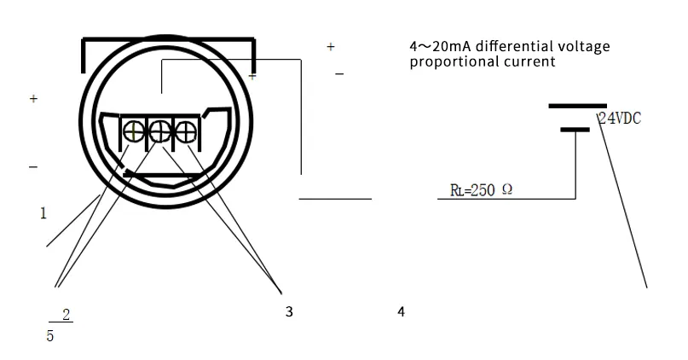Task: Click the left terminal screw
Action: tap(135, 131)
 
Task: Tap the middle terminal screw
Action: tap(159, 131)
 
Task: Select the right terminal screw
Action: tap(184, 131)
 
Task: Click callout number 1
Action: tap(43, 213)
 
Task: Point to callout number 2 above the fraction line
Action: tap(66, 316)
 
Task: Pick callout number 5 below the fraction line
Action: tap(50, 336)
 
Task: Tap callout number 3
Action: tap(289, 312)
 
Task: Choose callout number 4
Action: tap(401, 312)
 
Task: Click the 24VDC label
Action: tap(620, 119)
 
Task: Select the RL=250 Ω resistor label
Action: tap(481, 189)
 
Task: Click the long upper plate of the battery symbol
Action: tap(577, 106)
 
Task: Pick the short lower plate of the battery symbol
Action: tap(575, 130)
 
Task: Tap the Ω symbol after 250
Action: tap(507, 189)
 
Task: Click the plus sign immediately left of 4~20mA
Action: tap(331, 47)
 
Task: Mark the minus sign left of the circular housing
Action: tap(33, 167)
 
